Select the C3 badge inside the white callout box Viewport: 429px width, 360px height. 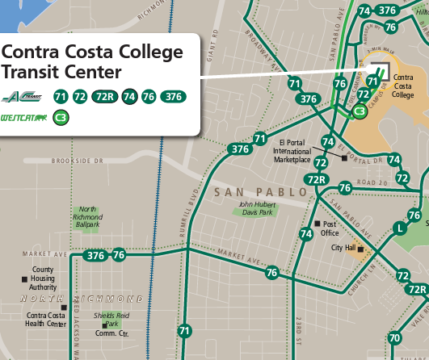61,118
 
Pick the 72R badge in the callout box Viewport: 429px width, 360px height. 104,97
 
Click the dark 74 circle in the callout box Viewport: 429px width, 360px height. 129,97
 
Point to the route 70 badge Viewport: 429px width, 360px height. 394,337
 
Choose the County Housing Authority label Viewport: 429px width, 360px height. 43,278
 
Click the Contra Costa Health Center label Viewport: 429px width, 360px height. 46,320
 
